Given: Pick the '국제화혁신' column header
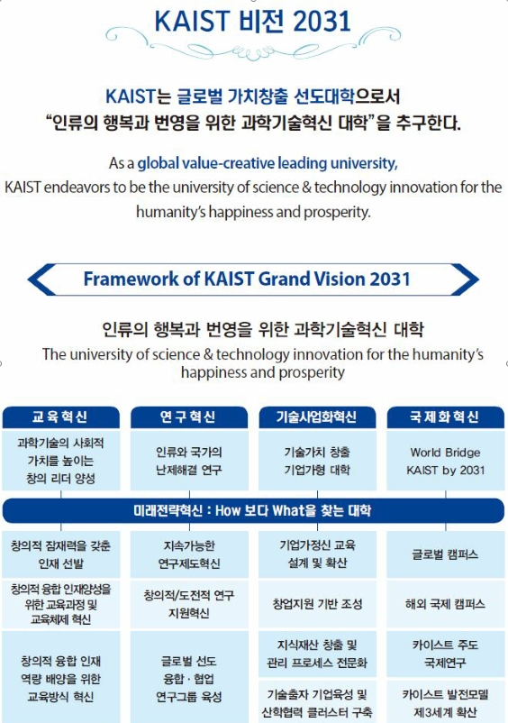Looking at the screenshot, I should click(x=445, y=417).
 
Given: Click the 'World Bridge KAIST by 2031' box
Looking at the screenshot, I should click(x=445, y=461).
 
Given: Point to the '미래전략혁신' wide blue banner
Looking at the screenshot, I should click(x=253, y=510).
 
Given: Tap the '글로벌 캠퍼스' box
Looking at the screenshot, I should click(x=445, y=554).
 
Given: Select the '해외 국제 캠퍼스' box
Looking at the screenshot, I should click(x=445, y=603).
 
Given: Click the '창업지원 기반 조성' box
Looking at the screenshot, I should click(x=316, y=603).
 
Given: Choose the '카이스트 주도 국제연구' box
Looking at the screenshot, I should click(x=445, y=654).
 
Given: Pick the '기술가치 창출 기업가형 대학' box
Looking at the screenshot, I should click(x=316, y=461).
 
